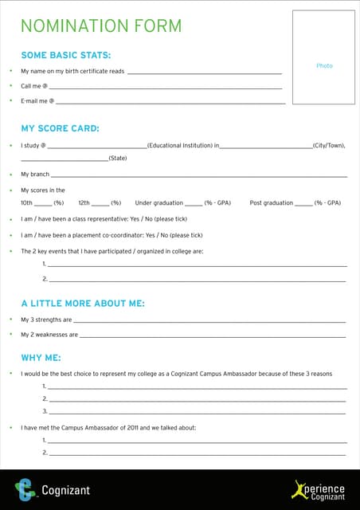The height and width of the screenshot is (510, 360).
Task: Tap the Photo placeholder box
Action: coord(324,57)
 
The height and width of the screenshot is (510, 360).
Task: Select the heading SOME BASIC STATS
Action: coord(65,55)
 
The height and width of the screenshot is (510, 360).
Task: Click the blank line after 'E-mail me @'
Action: coord(171,101)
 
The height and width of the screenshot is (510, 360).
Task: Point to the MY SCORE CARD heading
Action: coord(60,128)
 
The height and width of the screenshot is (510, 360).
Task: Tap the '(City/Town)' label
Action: coord(329,146)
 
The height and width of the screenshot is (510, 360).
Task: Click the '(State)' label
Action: coord(118,159)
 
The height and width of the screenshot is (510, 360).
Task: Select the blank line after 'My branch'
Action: coord(199,175)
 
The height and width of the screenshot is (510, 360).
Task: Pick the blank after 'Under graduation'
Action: coord(194,203)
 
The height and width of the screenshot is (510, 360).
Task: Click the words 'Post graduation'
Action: coord(271,203)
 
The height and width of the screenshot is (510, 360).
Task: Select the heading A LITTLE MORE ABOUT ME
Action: coord(83,304)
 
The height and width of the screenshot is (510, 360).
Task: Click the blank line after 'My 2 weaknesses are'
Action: coord(213,335)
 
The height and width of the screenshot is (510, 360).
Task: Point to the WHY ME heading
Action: coord(41,357)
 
